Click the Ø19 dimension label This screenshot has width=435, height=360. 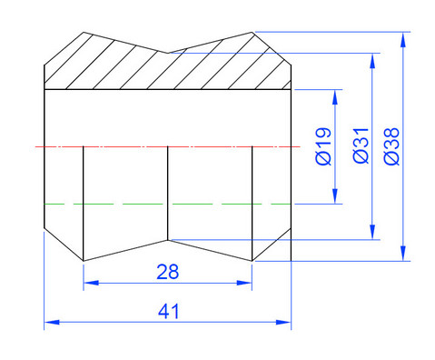click(x=323, y=146)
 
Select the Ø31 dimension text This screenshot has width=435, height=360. click(x=361, y=145)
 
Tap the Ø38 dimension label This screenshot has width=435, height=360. click(x=391, y=146)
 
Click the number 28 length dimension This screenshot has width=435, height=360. click(x=168, y=272)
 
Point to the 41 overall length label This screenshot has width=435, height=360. click(x=169, y=311)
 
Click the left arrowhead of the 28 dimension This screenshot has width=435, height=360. click(x=91, y=283)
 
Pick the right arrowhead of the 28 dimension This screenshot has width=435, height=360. click(x=244, y=283)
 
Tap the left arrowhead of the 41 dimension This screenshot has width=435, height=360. click(x=52, y=322)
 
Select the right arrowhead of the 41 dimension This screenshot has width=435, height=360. click(x=283, y=322)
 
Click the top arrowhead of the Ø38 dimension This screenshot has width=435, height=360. click(x=402, y=39)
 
